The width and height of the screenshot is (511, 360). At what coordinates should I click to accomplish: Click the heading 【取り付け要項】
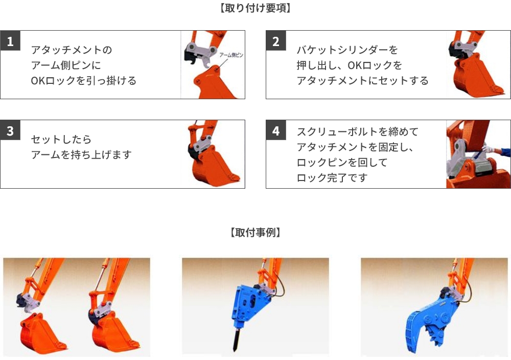click(255, 8)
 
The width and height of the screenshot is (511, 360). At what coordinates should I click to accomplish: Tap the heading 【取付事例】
click(255, 233)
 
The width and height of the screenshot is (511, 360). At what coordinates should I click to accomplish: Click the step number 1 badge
click(10, 41)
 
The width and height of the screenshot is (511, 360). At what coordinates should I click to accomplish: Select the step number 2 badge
click(276, 41)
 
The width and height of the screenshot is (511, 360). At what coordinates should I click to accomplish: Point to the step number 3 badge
click(10, 130)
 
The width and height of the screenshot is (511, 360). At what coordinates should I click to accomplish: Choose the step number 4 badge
click(276, 130)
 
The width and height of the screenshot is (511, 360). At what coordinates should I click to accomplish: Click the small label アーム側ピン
click(231, 55)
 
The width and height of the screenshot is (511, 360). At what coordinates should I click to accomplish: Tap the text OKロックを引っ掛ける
click(83, 81)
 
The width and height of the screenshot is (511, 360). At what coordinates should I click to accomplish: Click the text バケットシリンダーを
click(347, 50)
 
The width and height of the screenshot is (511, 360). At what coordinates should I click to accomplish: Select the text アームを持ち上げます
click(81, 154)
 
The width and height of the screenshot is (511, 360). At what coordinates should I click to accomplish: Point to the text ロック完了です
click(332, 178)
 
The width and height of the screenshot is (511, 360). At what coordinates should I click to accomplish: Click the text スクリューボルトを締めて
click(358, 132)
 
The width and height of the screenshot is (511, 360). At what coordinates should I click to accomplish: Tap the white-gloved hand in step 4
click(489, 149)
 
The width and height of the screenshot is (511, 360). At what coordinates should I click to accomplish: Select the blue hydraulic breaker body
click(249, 304)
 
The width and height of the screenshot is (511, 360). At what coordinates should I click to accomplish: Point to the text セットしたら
click(61, 139)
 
